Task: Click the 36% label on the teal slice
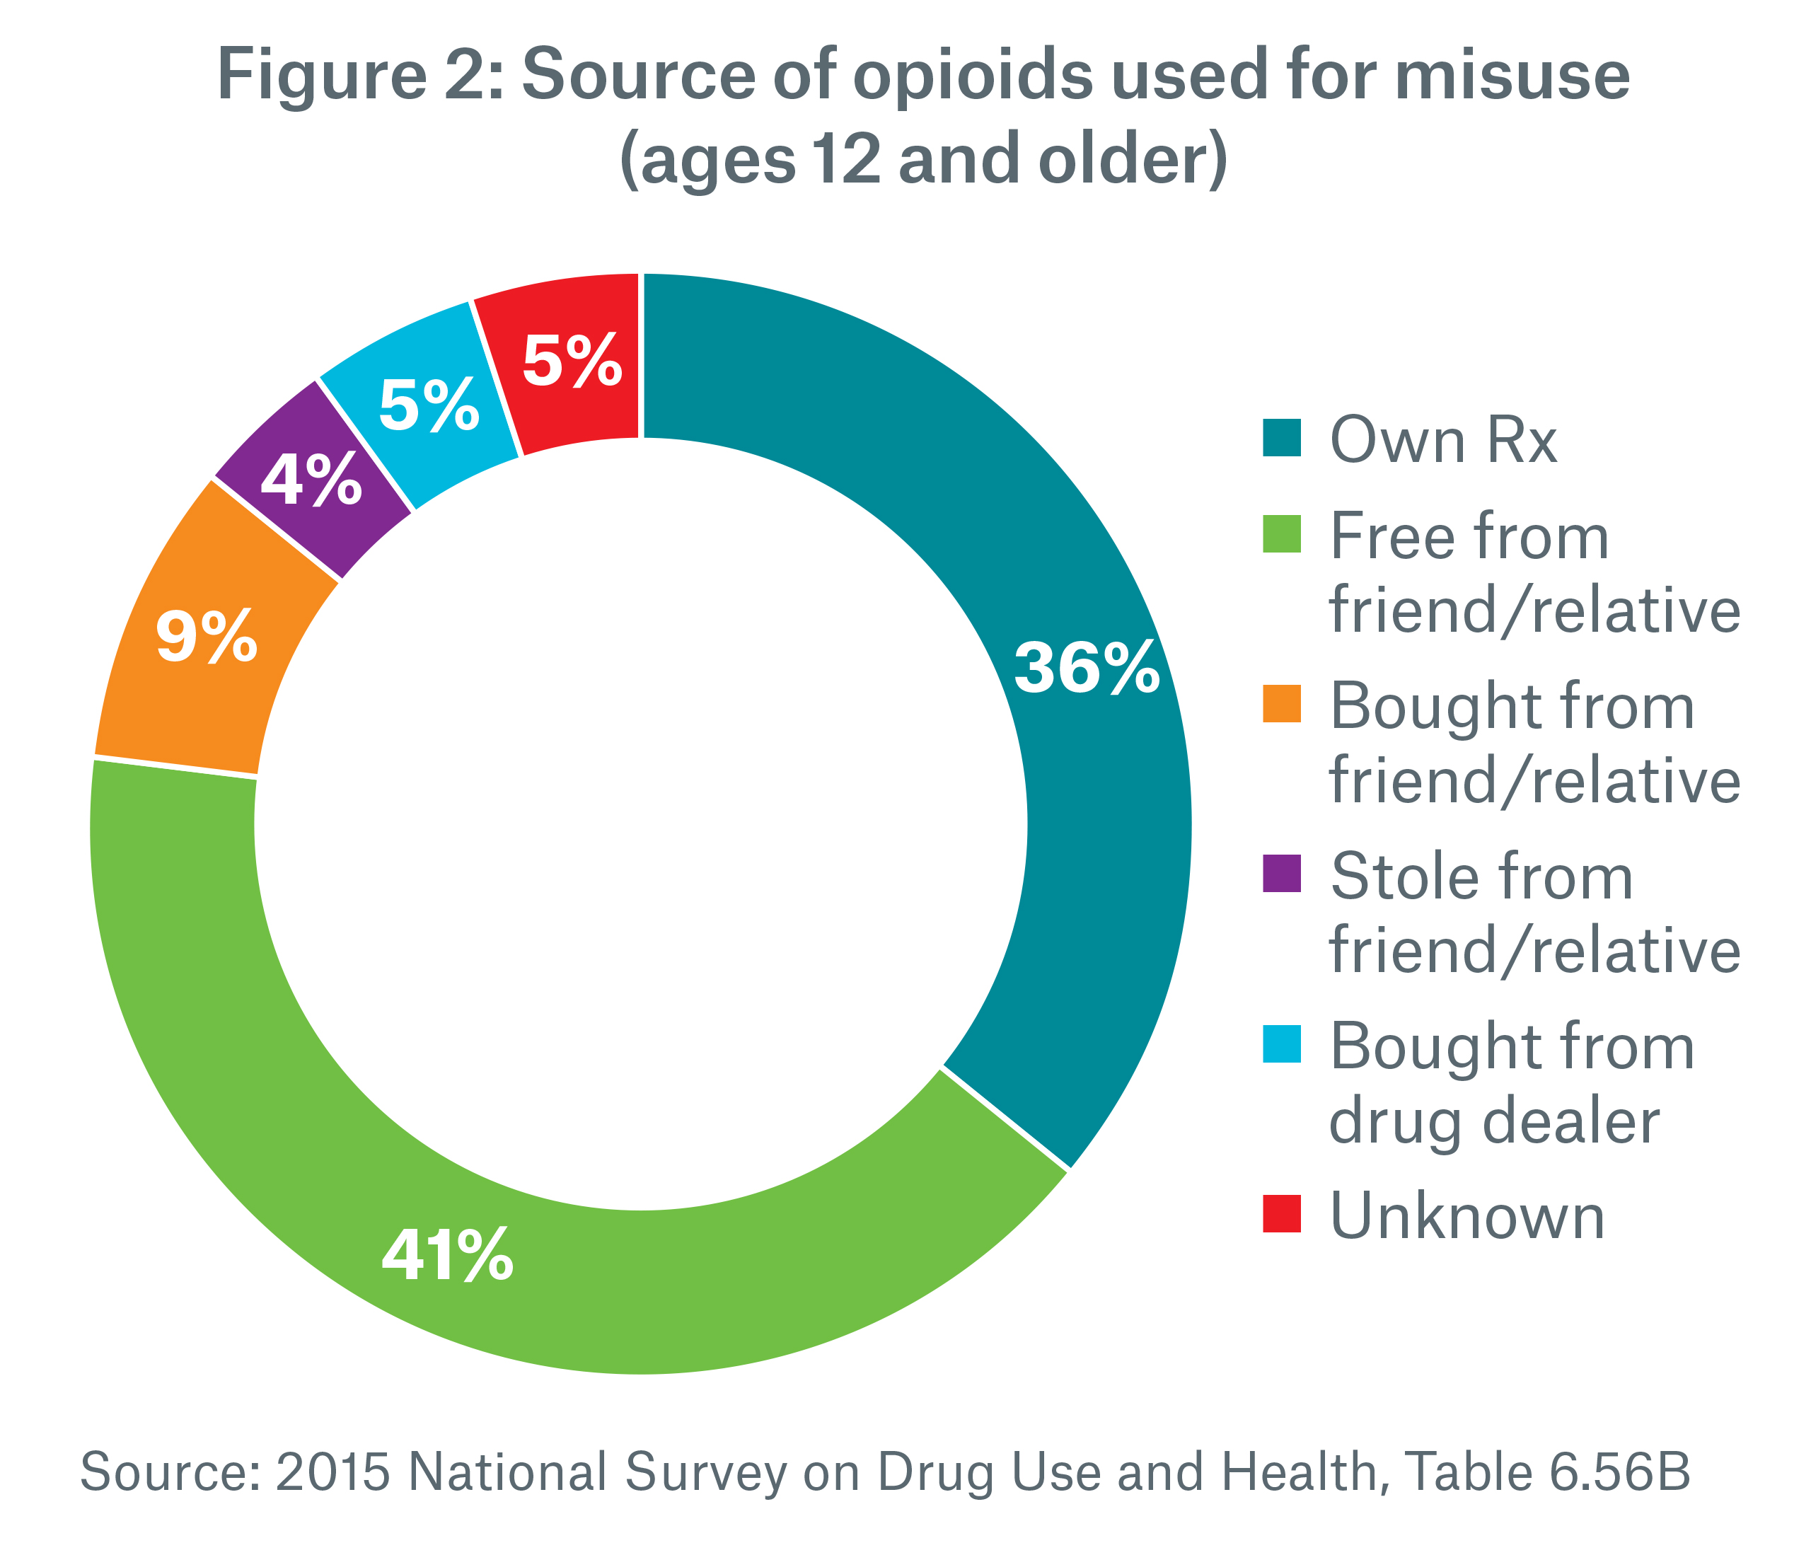1087,669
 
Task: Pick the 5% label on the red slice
572,360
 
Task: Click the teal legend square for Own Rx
1283,439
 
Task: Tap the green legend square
1283,534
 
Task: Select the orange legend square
1283,704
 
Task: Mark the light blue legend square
1283,1044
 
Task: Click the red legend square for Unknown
1283,1214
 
